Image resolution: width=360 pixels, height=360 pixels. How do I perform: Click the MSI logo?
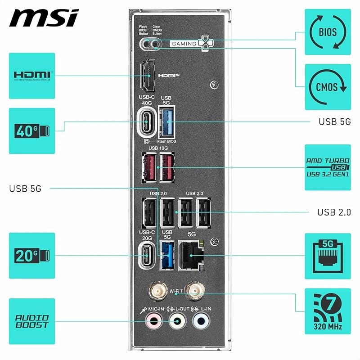point(44,18)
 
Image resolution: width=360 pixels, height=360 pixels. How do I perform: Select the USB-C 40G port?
point(147,121)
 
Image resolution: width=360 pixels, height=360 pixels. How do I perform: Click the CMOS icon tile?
point(328,87)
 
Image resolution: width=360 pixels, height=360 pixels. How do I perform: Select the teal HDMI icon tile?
point(32,76)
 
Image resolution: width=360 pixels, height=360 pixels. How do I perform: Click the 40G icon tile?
point(32,131)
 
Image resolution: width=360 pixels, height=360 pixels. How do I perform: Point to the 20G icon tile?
point(32,256)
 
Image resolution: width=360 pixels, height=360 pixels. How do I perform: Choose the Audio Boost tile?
point(32,321)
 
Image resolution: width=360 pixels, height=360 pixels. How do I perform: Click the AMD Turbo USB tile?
point(328,167)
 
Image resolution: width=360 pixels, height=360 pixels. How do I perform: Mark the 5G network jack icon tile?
point(328,256)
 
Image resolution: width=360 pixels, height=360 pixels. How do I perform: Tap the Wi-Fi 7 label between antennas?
point(175,291)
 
